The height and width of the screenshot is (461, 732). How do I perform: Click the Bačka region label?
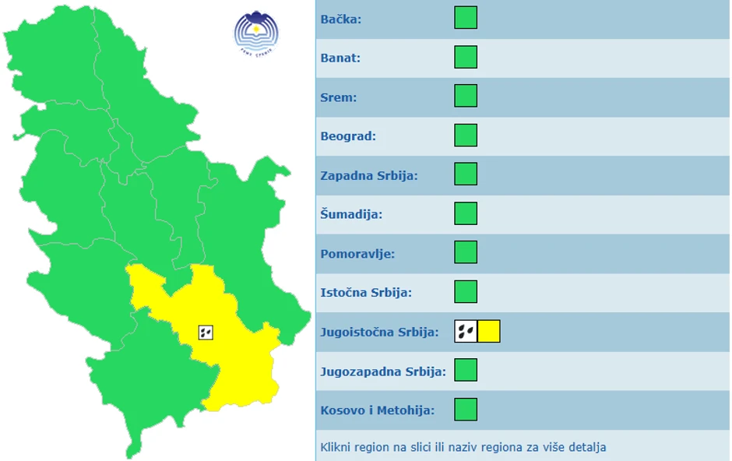(x=341, y=19)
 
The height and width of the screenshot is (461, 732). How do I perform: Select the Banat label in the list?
(x=340, y=58)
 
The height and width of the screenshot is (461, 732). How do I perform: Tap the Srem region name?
(x=339, y=97)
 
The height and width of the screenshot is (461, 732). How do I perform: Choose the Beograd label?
(x=348, y=136)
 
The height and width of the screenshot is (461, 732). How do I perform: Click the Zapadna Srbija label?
(x=369, y=175)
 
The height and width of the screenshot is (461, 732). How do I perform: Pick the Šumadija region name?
(x=351, y=214)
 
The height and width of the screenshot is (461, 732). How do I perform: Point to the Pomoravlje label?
(x=357, y=254)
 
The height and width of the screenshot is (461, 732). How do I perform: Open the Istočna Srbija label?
(x=366, y=293)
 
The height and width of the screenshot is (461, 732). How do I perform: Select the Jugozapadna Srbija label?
(x=383, y=371)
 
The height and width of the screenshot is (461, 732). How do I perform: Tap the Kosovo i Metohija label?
(x=378, y=410)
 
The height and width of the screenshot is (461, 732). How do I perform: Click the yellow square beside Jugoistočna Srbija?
(x=489, y=332)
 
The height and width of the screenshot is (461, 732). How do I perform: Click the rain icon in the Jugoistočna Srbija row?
(x=466, y=332)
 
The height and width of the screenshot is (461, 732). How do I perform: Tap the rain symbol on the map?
(x=206, y=333)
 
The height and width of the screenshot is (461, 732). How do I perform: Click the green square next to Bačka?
(x=466, y=18)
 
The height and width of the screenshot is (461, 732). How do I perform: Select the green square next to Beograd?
(x=466, y=135)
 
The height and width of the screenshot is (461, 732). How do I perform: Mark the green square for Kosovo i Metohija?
(x=466, y=410)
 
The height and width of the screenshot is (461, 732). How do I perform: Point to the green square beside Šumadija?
(x=466, y=213)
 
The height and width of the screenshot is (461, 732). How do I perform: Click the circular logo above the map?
(x=256, y=31)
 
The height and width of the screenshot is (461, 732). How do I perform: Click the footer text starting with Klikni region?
(x=463, y=447)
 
